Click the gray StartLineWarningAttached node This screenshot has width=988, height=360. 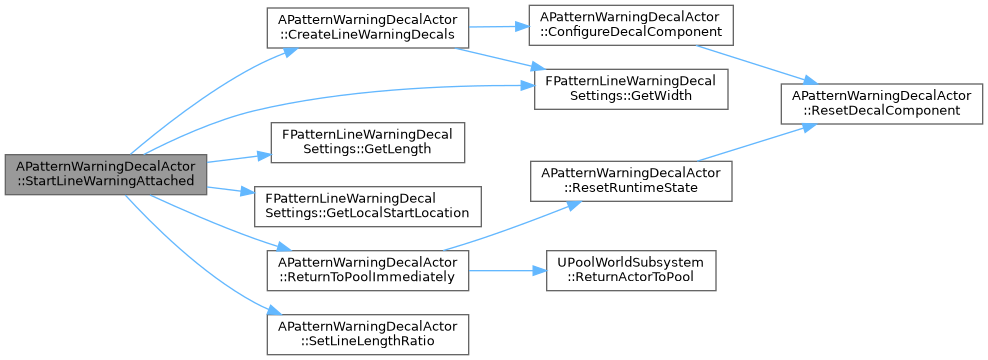106,174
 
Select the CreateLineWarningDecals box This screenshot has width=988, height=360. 367,27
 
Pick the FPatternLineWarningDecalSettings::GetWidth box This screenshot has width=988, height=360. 631,89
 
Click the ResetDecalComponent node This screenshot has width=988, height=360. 882,103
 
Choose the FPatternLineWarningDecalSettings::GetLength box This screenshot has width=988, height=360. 368,142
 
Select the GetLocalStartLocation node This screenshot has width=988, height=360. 368,206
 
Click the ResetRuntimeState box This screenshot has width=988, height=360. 631,181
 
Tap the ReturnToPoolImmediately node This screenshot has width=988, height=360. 367,270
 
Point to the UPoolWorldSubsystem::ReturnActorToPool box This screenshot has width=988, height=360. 631,270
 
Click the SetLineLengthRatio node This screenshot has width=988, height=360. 367,334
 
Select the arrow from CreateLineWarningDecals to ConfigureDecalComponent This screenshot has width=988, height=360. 498,27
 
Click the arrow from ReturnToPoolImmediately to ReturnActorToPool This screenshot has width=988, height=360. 507,270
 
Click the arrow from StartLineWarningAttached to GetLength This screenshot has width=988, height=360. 239,158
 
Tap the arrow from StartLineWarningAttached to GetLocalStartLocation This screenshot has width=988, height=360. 231,190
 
